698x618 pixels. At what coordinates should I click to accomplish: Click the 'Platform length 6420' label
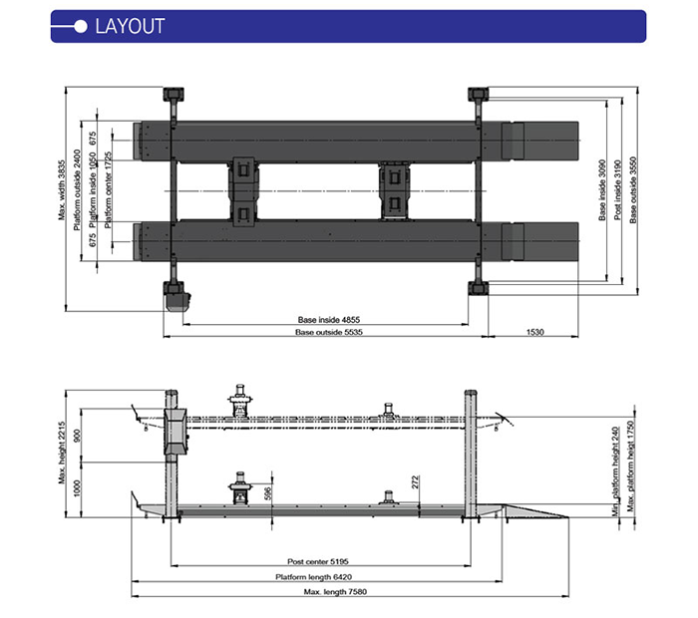(316, 576)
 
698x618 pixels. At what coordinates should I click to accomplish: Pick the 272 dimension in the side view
(414, 485)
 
